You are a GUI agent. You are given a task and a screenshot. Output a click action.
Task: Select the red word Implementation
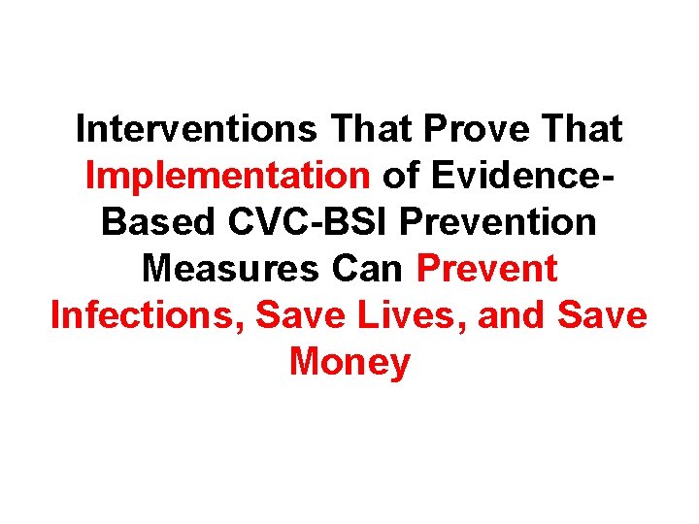coord(227,176)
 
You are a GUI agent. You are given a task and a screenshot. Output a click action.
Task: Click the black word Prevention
coord(498,222)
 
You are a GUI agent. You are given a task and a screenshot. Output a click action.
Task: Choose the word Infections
coord(144,315)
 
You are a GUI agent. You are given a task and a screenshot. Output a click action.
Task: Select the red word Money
coord(349,362)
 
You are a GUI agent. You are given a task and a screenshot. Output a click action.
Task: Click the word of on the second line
coord(398,176)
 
